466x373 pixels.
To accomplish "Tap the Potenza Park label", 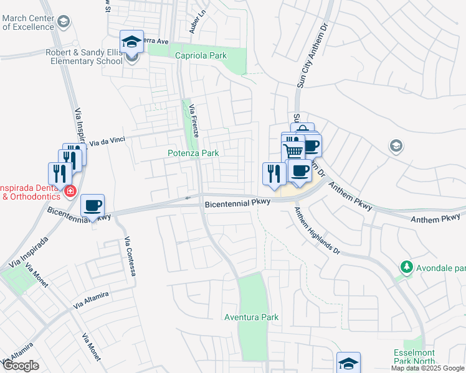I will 193,153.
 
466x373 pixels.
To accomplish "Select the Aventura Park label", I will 251,318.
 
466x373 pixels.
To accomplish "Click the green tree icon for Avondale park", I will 407,267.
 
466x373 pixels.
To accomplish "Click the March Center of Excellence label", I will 27,22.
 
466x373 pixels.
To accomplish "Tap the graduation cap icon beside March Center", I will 63,22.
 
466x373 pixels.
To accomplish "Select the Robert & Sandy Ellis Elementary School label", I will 83,57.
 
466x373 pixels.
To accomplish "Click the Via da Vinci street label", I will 107,142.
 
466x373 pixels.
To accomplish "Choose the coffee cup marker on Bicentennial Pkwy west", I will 93,206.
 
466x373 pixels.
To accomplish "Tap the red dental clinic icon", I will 70,191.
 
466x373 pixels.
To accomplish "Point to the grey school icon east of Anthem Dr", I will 396,146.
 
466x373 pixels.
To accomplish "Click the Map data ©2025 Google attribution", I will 427,368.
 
